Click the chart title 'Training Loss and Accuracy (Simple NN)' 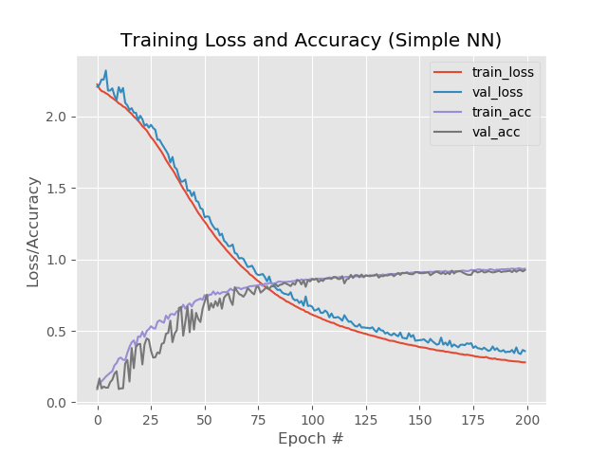click(x=311, y=40)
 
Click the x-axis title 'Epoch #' click(x=310, y=439)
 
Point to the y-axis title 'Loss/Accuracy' click(x=33, y=231)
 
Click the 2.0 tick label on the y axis click(x=56, y=117)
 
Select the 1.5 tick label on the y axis click(x=56, y=188)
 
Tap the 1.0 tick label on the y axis click(x=56, y=260)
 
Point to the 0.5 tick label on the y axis click(x=56, y=331)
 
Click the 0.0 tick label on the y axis click(x=56, y=403)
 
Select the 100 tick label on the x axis click(x=312, y=418)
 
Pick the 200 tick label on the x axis click(x=527, y=418)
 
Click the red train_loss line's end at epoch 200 click(x=525, y=362)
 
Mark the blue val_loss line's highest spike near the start click(x=105, y=70)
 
